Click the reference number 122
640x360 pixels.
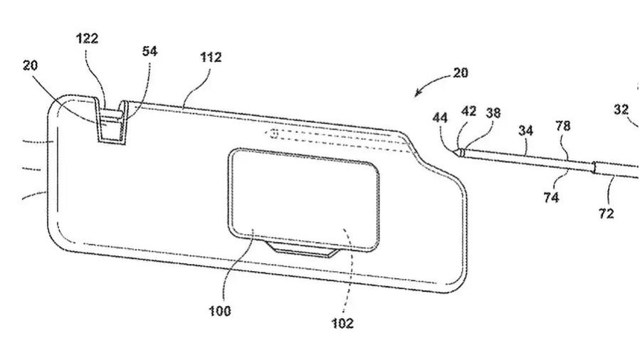pyautogui.click(x=87, y=38)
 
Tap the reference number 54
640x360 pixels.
pyautogui.click(x=149, y=51)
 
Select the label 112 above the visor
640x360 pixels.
pyautogui.click(x=211, y=57)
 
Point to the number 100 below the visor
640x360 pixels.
pyautogui.click(x=219, y=311)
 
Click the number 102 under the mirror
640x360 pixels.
pyautogui.click(x=342, y=323)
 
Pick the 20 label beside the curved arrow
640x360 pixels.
pyautogui.click(x=461, y=73)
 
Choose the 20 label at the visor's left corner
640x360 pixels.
pyautogui.click(x=30, y=65)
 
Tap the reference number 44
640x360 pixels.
pyautogui.click(x=440, y=118)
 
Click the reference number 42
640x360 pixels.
pyautogui.click(x=468, y=111)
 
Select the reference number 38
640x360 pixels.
pyautogui.click(x=493, y=112)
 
